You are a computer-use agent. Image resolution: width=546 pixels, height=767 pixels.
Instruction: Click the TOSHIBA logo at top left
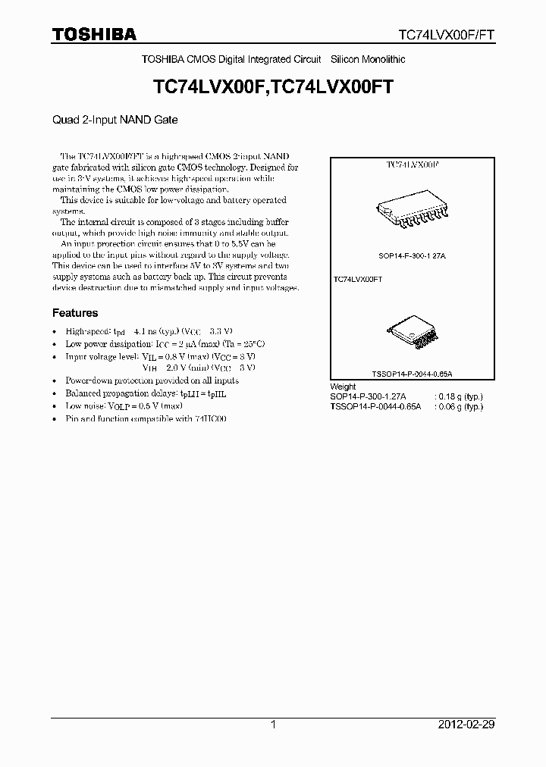[x=94, y=34]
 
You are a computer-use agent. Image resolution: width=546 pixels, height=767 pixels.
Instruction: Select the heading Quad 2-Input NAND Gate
[x=115, y=119]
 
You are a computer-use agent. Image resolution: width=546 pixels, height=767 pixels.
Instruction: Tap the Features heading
[x=74, y=312]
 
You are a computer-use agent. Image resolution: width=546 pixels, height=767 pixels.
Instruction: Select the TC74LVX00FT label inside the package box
[x=357, y=280]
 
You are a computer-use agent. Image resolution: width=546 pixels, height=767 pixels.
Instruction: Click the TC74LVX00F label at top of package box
[x=413, y=164]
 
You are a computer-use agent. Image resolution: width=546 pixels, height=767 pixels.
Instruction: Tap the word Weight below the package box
[x=343, y=387]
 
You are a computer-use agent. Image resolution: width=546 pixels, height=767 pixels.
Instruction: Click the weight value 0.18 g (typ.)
[x=458, y=396]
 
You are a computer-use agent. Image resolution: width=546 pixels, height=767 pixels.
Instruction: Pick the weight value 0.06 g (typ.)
[x=458, y=406]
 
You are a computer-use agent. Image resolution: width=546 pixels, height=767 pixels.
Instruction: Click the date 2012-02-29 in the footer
[x=466, y=725]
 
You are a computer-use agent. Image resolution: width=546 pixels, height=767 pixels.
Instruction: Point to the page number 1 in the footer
[x=273, y=725]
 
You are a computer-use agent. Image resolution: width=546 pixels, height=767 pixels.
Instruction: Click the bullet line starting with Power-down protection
[x=152, y=380]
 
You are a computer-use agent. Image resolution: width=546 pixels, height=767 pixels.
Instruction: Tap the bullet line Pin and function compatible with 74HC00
[x=146, y=418]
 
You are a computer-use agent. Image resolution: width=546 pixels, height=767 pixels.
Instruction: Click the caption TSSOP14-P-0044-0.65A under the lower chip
[x=412, y=374]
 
